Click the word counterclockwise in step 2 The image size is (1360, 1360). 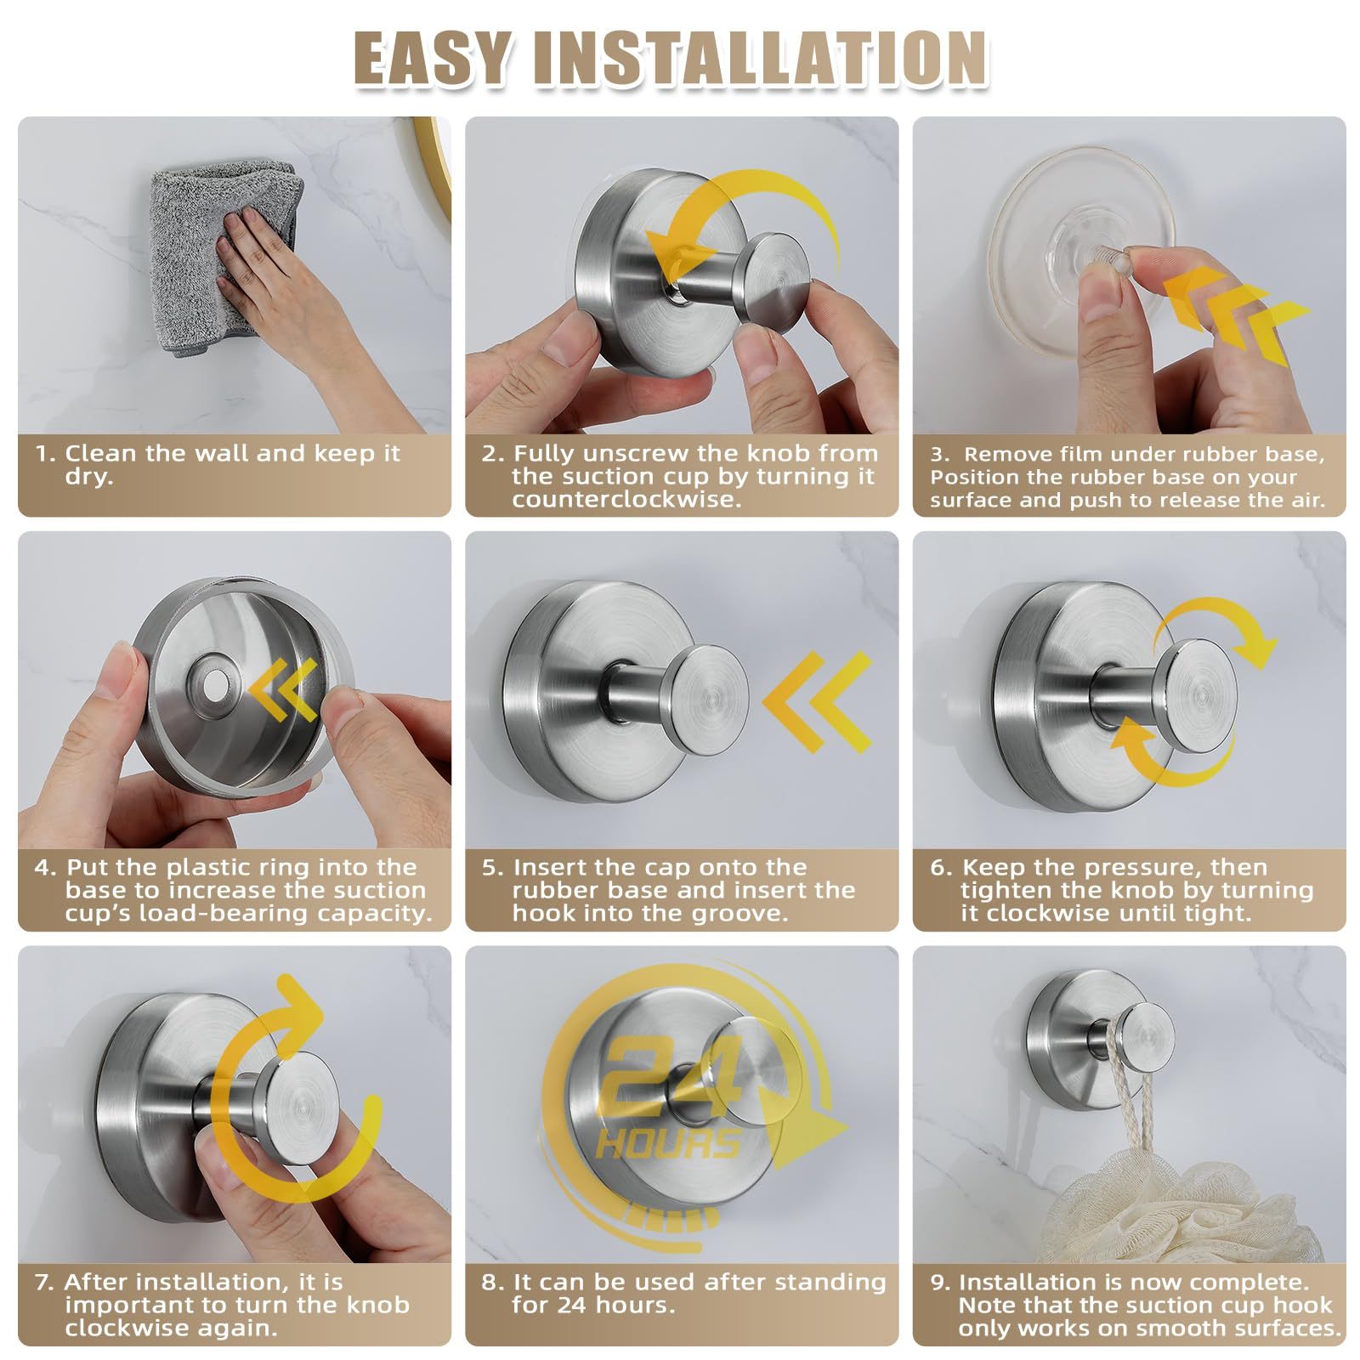626,499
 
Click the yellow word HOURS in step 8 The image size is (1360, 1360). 667,1144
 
